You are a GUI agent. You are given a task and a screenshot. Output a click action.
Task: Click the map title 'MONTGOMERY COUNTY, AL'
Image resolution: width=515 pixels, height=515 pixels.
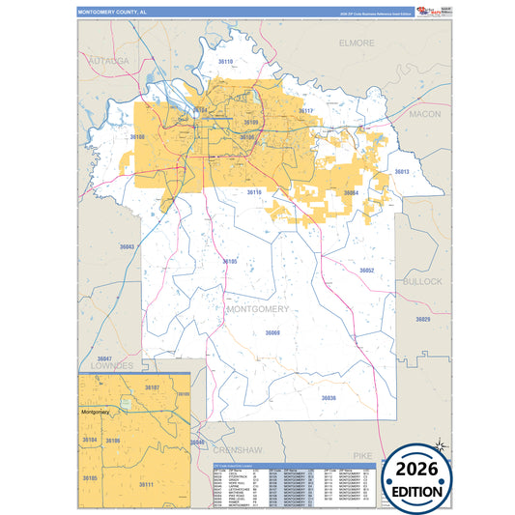point(113,14)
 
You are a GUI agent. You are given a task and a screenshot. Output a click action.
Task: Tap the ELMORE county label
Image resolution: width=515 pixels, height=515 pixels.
point(358,43)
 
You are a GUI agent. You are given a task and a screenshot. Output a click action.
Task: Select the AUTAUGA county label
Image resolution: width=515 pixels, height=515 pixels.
point(107,60)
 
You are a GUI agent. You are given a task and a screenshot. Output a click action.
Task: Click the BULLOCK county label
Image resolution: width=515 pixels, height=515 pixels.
point(422,281)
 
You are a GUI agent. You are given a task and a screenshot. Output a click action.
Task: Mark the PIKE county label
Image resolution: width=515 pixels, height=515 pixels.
point(362,453)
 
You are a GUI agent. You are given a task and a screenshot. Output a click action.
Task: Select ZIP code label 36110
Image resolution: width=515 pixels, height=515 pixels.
point(225,61)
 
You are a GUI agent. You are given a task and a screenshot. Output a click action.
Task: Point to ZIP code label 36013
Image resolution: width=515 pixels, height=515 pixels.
point(402,172)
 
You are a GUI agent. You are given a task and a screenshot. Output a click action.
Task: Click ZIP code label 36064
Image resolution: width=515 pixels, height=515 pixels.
point(351,193)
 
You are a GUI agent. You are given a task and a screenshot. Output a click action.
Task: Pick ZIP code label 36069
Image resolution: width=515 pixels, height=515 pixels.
point(272,333)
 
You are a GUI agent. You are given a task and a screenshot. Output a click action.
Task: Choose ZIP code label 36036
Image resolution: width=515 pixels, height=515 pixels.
point(329,397)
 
